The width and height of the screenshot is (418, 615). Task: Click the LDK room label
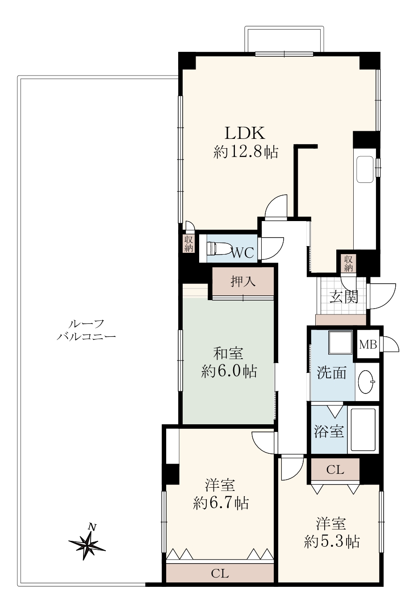[245, 133]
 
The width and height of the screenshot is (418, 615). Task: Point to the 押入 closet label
[243, 281]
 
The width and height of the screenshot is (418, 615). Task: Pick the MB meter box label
[368, 344]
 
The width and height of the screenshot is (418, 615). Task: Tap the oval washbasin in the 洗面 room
[367, 381]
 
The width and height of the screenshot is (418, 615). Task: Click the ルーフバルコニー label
[86, 330]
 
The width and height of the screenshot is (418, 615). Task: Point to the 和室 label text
[228, 353]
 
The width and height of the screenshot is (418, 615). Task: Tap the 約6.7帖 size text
[221, 503]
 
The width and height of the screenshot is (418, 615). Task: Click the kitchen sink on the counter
[365, 169]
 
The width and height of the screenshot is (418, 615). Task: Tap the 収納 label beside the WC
[188, 243]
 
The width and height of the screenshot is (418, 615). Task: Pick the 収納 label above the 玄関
[348, 263]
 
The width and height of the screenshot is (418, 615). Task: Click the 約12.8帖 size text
[246, 152]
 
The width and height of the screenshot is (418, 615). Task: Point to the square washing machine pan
[341, 343]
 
